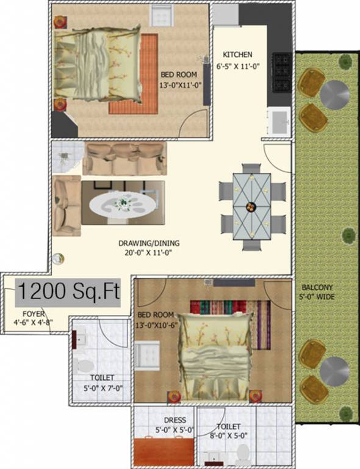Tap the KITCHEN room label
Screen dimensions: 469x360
(x=237, y=54)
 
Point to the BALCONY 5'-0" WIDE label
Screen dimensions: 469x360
(x=320, y=292)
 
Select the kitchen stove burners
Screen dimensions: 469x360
(x=281, y=73)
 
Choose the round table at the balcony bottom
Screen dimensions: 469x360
(x=334, y=371)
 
